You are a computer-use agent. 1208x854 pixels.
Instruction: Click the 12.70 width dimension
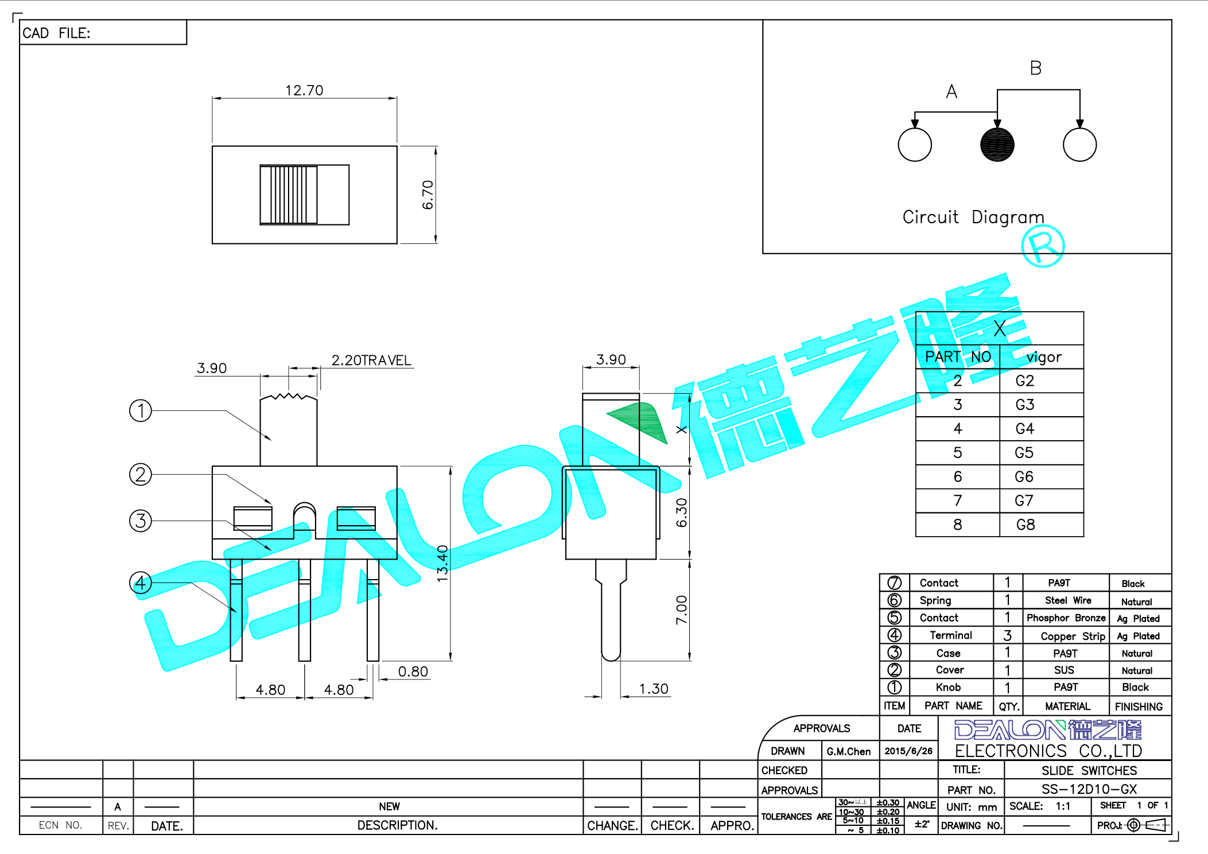[x=304, y=91]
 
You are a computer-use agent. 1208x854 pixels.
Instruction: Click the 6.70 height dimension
[x=428, y=195]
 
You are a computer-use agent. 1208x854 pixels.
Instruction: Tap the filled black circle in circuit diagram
[x=997, y=145]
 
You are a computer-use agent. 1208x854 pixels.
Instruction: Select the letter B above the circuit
[x=1035, y=68]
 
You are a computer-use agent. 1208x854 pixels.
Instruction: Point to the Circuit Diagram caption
[x=973, y=217]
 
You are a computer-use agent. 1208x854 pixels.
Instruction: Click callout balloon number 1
[x=141, y=411]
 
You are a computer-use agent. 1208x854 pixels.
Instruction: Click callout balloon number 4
[x=141, y=583]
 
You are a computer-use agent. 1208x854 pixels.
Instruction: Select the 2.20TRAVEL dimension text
[x=371, y=360]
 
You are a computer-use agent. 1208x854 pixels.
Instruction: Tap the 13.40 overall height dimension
[x=442, y=564]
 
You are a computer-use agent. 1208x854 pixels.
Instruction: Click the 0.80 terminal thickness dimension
[x=413, y=671]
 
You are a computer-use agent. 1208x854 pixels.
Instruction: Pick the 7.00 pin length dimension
[x=681, y=610]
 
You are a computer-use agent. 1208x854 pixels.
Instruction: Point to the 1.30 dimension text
[x=654, y=689]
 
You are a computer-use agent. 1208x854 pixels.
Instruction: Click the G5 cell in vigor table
[x=1024, y=453]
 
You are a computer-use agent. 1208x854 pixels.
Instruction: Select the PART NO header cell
[x=958, y=357]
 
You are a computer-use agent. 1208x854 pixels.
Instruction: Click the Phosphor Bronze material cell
[x=1066, y=618]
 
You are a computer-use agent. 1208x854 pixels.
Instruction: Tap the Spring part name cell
[x=935, y=600]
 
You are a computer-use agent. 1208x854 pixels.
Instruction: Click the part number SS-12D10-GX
[x=1089, y=789]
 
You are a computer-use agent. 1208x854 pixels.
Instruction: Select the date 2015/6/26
[x=908, y=751]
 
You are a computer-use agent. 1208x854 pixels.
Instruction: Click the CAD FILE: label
[x=56, y=33]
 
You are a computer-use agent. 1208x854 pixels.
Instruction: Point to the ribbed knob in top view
[x=289, y=195]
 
